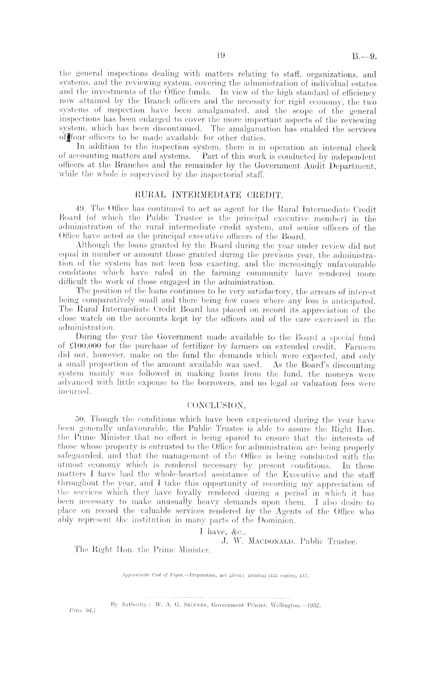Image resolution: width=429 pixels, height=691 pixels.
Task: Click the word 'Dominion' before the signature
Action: [x=277, y=521]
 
